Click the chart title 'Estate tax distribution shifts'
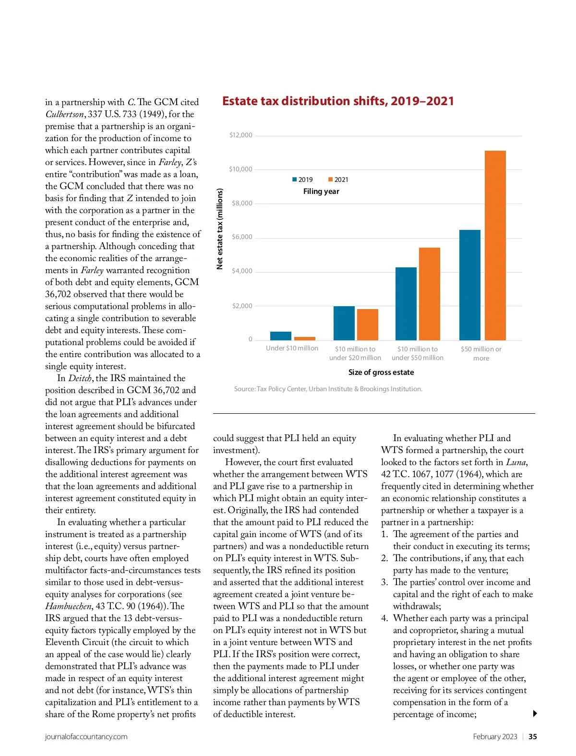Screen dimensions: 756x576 (x=337, y=101)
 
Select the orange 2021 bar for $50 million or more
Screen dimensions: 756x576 (x=495, y=245)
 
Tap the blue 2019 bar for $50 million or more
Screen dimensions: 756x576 (x=469, y=285)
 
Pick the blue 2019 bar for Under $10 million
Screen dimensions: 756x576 (x=280, y=336)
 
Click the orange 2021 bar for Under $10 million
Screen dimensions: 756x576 (x=304, y=338)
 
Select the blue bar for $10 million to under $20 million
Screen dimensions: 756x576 (x=344, y=323)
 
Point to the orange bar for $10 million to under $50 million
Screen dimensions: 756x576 (x=429, y=294)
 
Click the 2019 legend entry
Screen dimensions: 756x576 (x=302, y=180)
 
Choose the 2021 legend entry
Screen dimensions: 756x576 (x=338, y=180)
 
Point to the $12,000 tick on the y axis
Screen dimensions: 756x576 (x=240, y=135)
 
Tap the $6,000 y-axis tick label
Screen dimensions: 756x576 (x=241, y=237)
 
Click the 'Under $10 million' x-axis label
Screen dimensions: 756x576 (x=292, y=348)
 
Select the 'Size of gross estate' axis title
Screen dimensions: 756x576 (x=381, y=372)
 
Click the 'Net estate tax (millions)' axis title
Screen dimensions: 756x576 (x=220, y=228)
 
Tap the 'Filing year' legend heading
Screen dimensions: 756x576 (x=321, y=192)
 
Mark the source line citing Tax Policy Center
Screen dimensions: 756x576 (x=328, y=389)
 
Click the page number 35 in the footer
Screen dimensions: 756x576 (x=532, y=737)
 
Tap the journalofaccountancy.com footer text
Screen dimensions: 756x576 (x=86, y=737)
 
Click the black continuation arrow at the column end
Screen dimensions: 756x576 (x=535, y=714)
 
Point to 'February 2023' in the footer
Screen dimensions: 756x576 (x=495, y=737)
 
